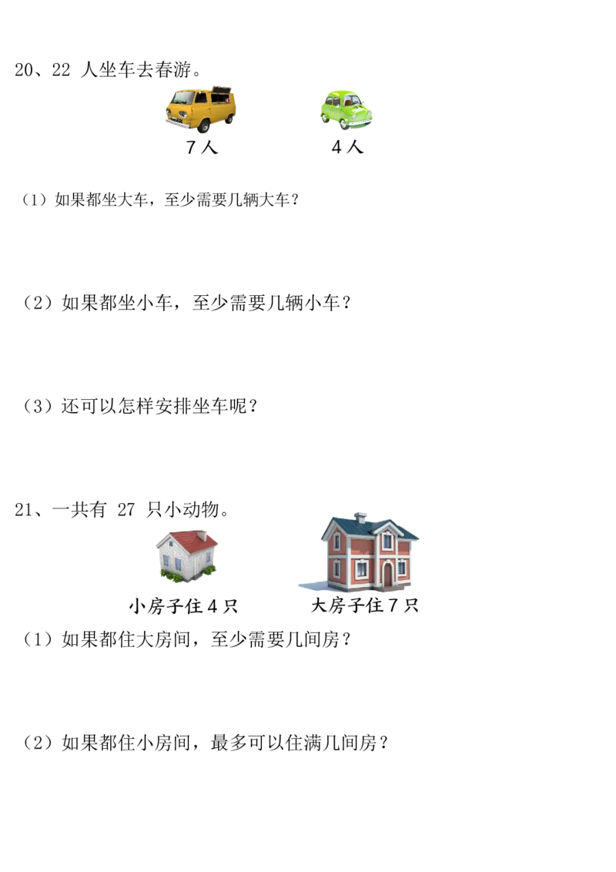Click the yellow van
click(201, 109)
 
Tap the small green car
click(346, 110)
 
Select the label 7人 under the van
click(201, 147)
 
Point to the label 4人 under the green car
click(347, 147)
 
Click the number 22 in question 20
click(61, 70)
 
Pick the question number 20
click(24, 70)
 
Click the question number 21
click(24, 509)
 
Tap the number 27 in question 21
click(126, 509)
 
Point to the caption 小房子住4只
click(183, 605)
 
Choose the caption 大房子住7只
click(365, 605)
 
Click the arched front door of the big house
click(387, 574)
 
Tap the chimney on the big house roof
click(360, 518)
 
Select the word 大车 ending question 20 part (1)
click(275, 199)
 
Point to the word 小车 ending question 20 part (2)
click(321, 303)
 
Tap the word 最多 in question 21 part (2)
click(229, 743)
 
